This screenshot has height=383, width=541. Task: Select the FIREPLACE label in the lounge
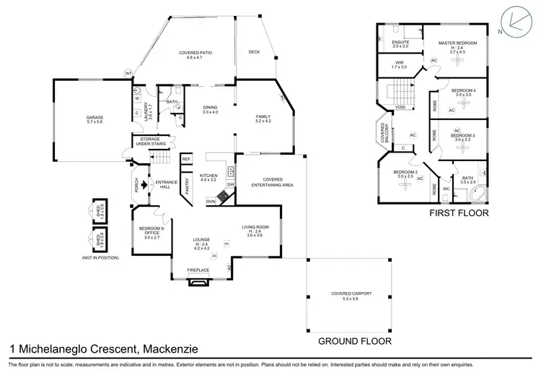198,270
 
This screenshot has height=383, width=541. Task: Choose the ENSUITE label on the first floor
400,43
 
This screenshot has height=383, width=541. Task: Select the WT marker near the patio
128,74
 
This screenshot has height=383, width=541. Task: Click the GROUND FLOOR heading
354,340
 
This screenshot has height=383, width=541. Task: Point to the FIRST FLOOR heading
459,213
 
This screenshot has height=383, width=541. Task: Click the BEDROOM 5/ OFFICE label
152,232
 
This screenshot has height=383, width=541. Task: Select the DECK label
254,52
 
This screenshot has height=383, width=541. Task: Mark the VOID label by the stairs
400,108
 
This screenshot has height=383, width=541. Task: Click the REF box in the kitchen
185,159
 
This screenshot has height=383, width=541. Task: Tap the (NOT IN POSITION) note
97,257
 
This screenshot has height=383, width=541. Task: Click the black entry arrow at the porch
144,184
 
